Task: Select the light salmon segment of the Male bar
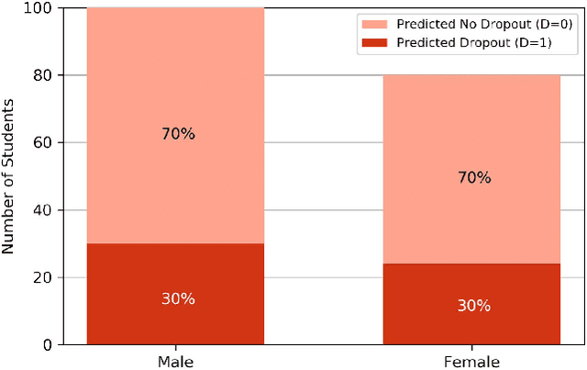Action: click(175, 92)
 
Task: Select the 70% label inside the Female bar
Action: click(474, 177)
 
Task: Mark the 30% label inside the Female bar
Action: click(474, 305)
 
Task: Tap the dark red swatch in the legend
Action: click(382, 42)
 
